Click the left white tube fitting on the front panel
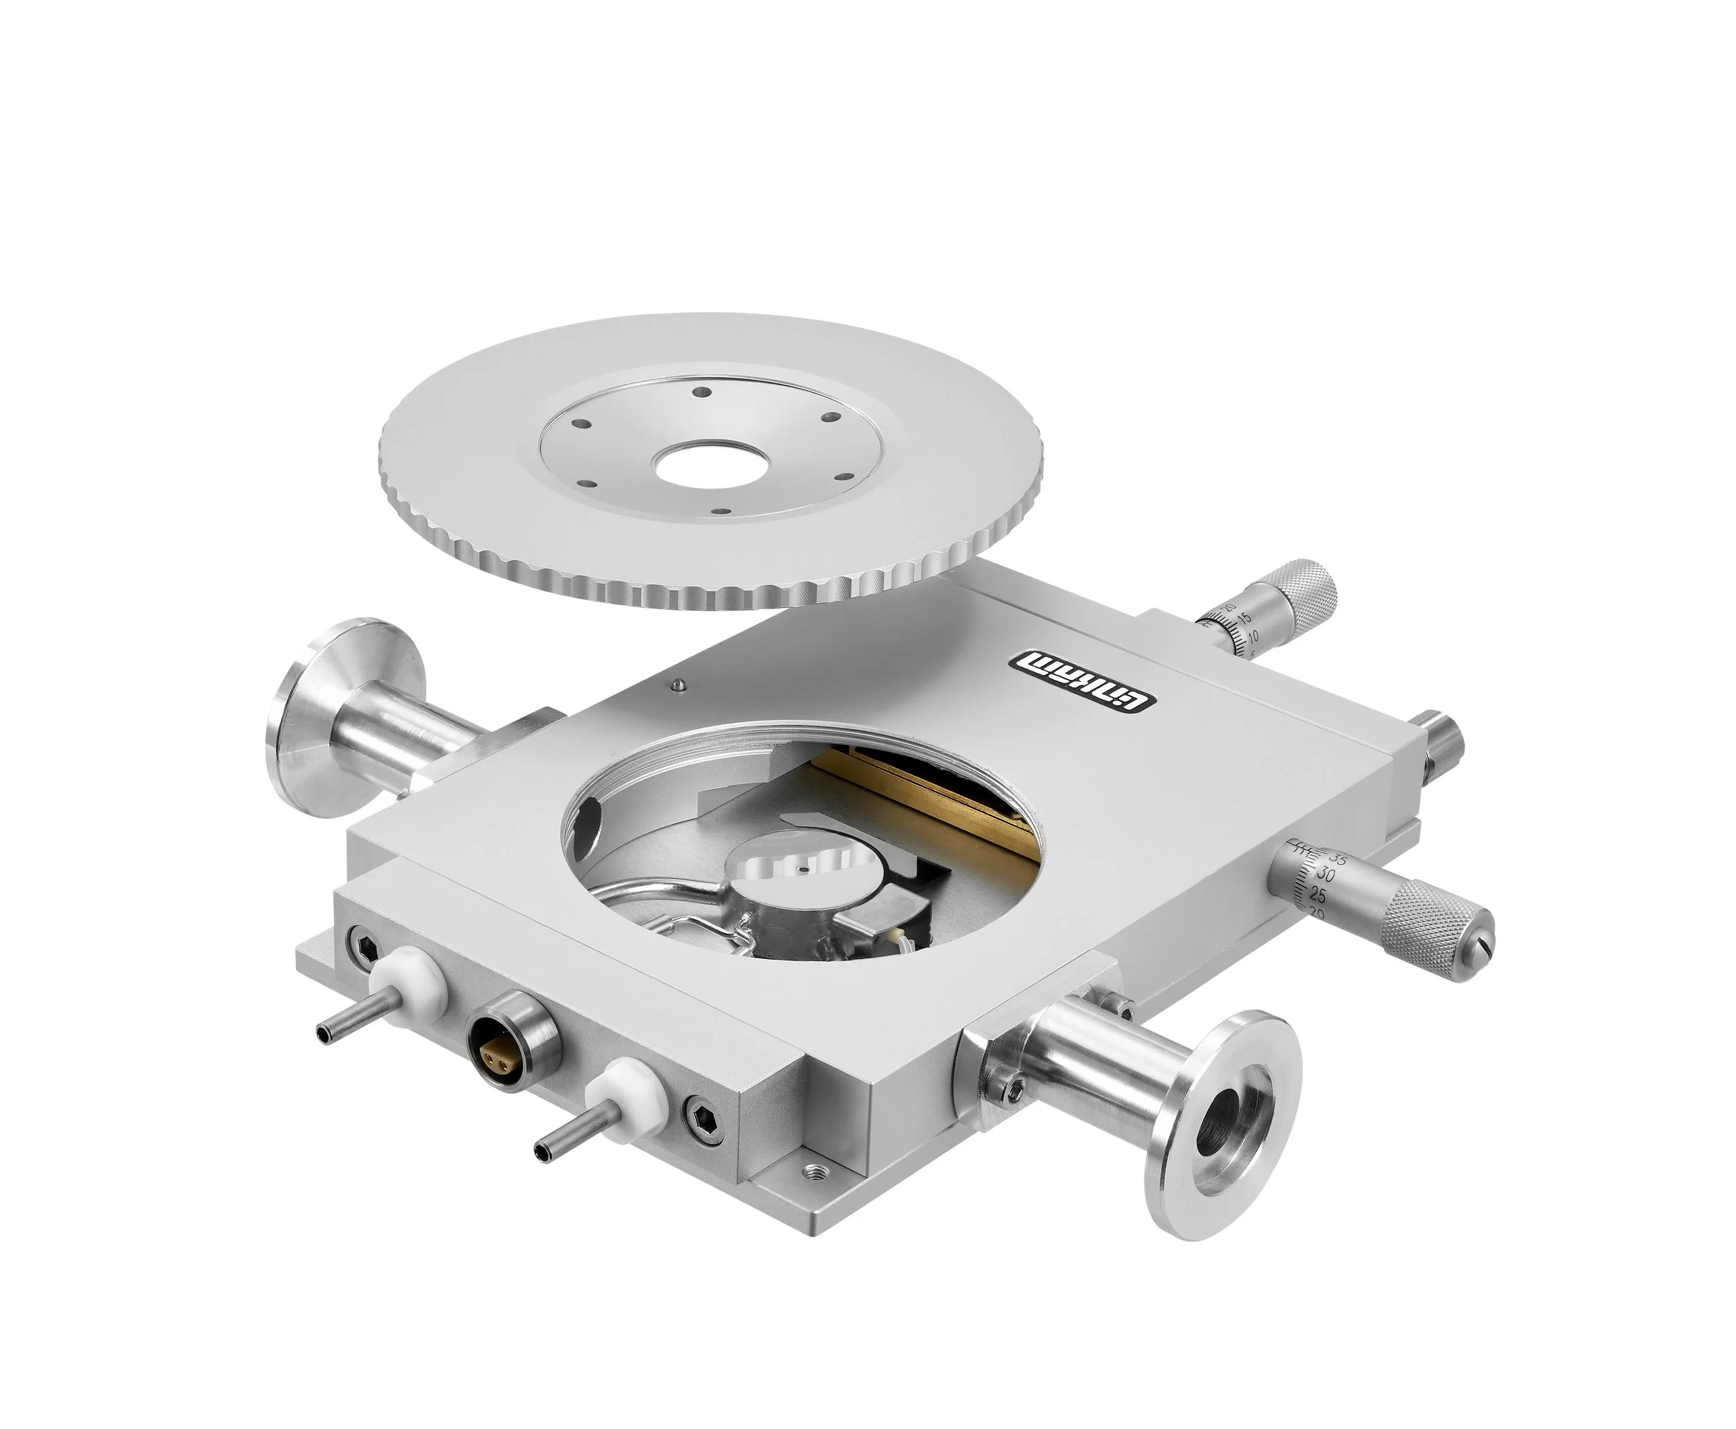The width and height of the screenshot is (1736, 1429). pyautogui.click(x=409, y=982)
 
